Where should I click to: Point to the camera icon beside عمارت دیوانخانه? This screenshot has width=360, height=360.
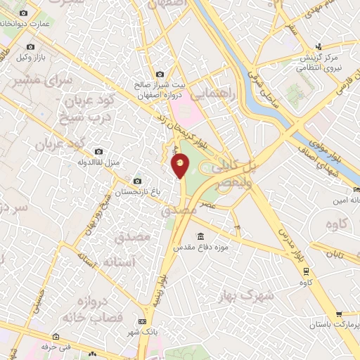click(24, 13)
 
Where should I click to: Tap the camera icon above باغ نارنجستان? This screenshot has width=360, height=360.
click(136, 181)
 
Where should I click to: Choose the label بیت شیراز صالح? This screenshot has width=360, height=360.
click(160, 85)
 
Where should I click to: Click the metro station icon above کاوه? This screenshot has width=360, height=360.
click(306, 270)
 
